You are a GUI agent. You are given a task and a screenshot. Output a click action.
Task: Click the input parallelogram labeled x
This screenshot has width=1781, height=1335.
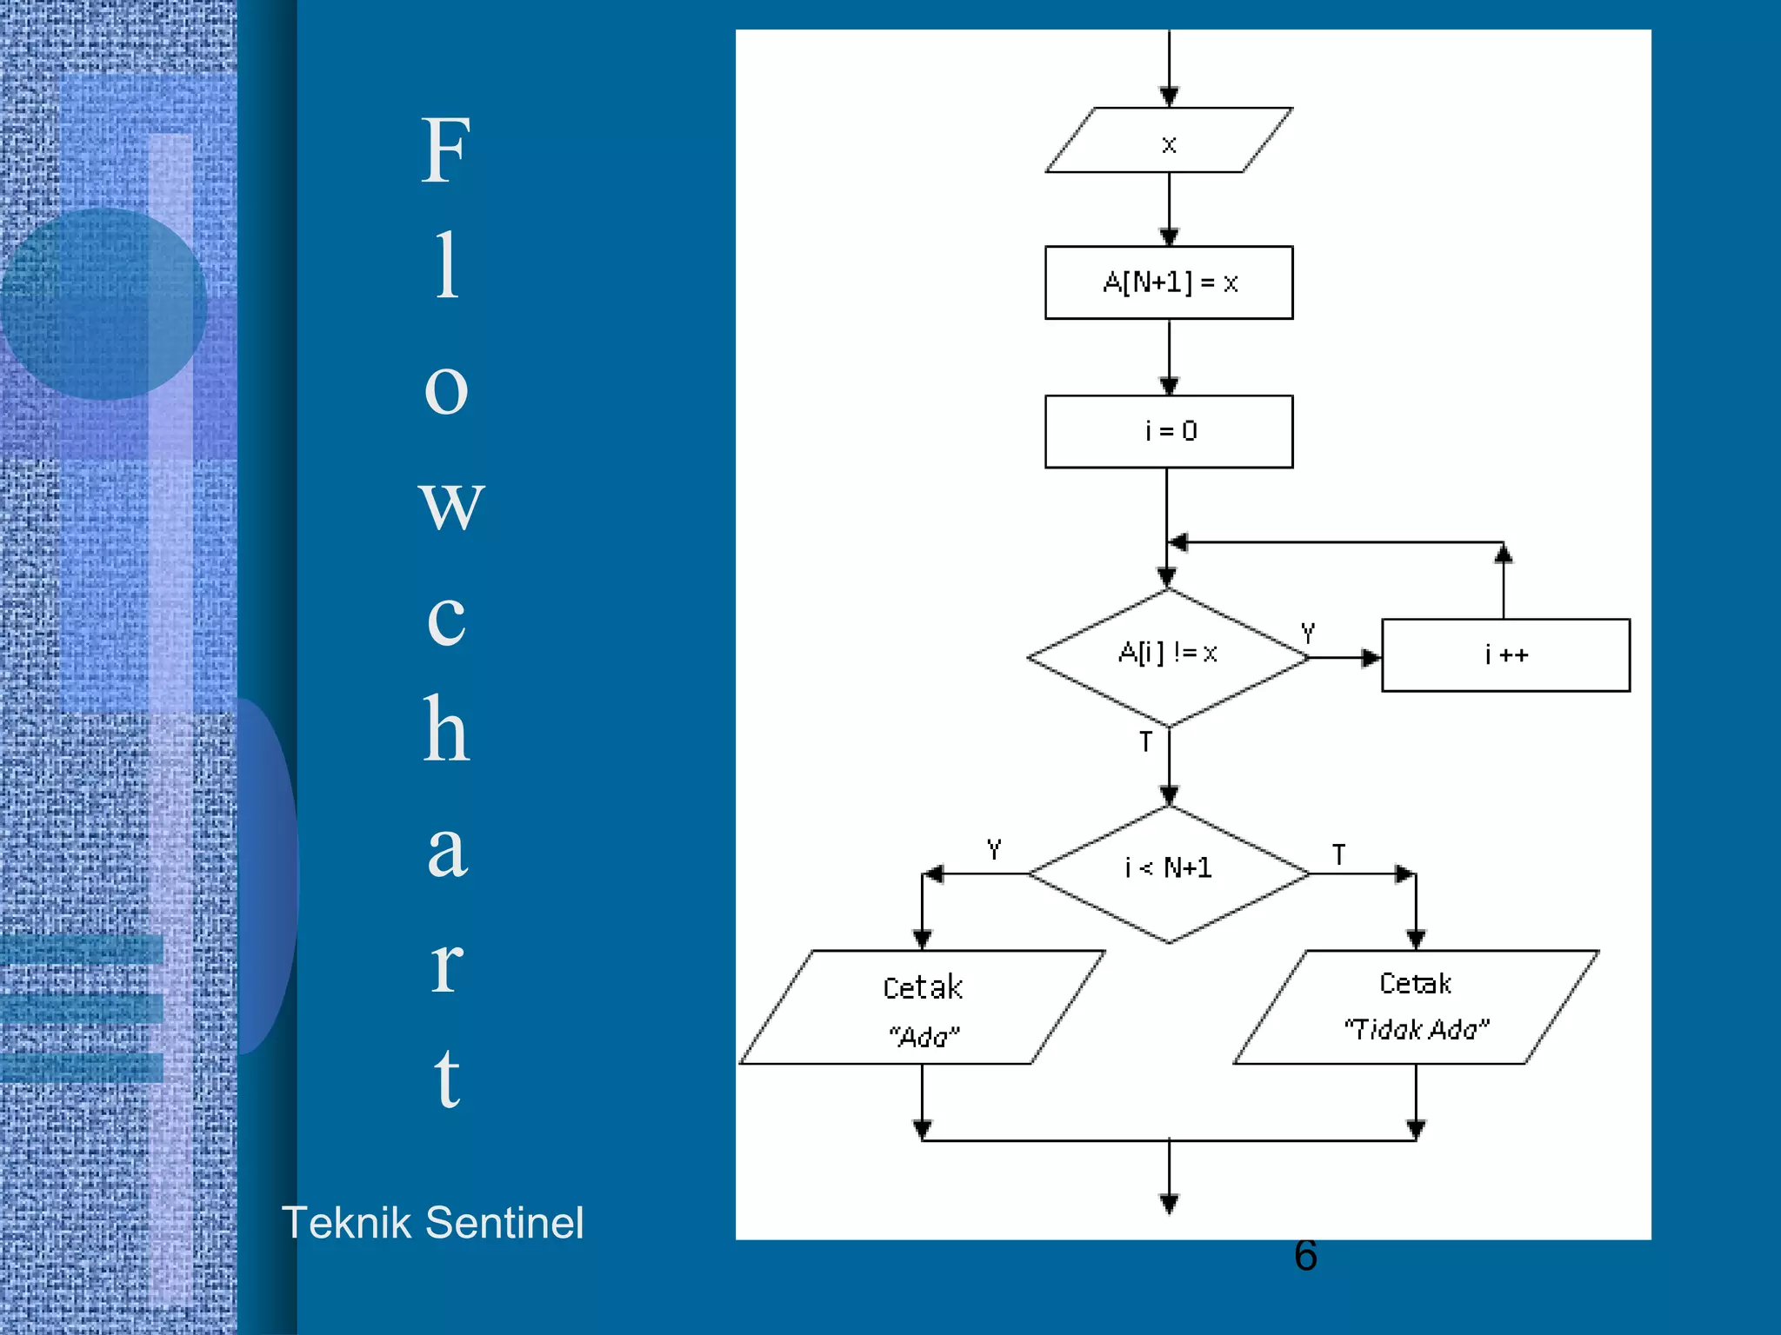[1169, 141]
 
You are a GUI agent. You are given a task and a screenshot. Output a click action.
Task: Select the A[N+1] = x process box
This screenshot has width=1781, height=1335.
[1169, 282]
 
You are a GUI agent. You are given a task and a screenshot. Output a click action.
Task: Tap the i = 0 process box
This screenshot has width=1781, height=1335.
[1169, 431]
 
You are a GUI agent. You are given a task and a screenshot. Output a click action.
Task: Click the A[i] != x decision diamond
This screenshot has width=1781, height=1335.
[1168, 657]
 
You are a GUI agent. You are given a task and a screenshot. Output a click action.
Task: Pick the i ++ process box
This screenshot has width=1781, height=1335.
[1505, 655]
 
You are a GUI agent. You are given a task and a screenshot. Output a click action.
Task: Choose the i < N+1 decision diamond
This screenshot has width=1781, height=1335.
[1169, 873]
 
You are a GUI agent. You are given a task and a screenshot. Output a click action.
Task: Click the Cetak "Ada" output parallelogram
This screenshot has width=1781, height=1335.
[922, 1008]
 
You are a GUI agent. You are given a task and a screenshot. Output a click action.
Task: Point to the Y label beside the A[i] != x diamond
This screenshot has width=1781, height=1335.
[1308, 633]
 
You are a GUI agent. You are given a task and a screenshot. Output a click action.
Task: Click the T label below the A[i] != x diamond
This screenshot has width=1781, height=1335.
[1146, 742]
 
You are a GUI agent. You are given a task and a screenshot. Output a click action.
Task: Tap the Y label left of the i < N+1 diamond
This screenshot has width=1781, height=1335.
[994, 849]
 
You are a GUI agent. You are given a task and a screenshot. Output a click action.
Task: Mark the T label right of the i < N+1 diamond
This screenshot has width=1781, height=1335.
[1339, 855]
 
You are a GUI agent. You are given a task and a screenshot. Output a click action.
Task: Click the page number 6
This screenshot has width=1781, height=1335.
[1305, 1256]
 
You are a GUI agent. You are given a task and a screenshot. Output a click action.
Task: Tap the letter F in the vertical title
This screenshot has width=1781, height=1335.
[446, 152]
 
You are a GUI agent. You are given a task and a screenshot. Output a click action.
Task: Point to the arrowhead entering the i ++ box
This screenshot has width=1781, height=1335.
[1371, 658]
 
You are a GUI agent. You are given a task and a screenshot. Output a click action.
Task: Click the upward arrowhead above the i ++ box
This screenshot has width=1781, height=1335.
[1504, 554]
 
